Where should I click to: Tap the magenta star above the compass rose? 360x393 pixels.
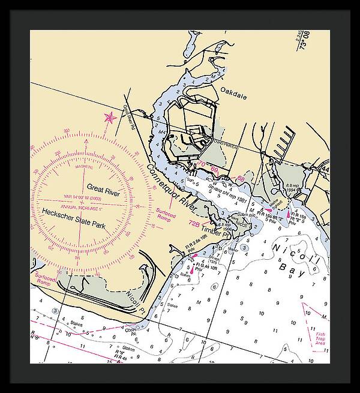tap(110, 118)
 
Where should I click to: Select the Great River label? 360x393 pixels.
tap(103, 187)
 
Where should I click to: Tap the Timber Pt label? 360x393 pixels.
tap(211, 229)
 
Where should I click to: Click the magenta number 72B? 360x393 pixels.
tap(194, 223)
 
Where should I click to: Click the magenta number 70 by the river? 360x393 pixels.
tap(201, 164)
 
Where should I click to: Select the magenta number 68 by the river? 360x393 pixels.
tap(241, 178)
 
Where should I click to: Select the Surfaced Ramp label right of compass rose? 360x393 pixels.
tap(166, 212)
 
